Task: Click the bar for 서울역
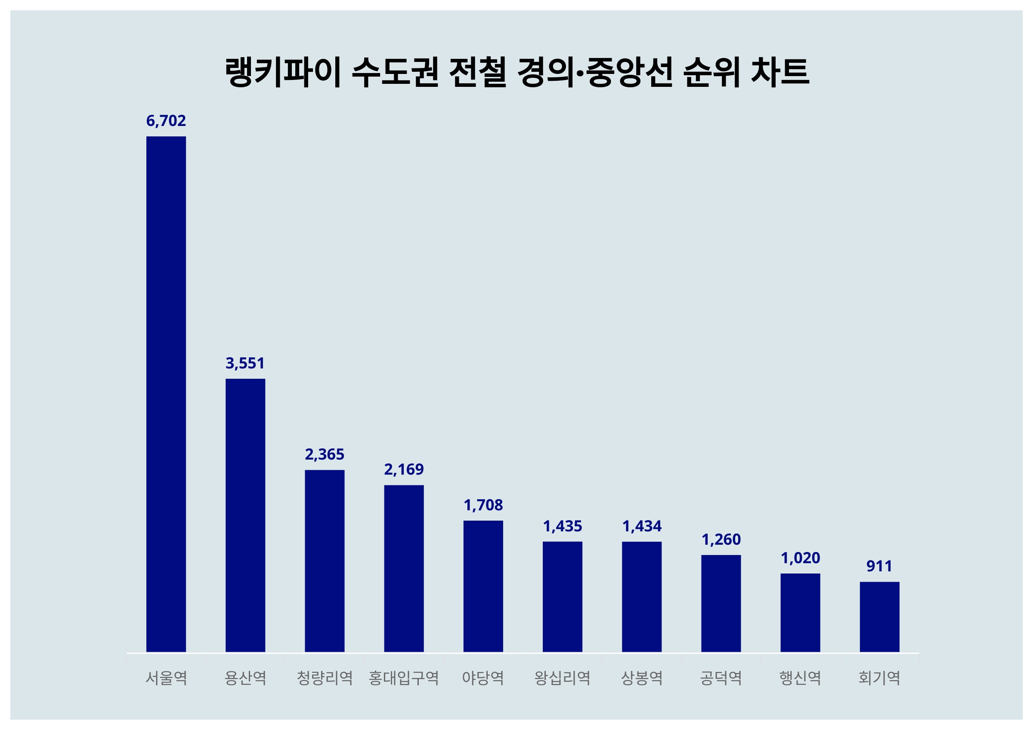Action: pyautogui.click(x=166, y=394)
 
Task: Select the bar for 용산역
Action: pyautogui.click(x=245, y=515)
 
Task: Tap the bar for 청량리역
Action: pyautogui.click(x=325, y=561)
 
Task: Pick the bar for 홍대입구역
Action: pyautogui.click(x=404, y=568)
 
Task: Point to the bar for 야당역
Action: pyautogui.click(x=483, y=586)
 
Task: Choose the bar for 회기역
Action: pyautogui.click(x=879, y=617)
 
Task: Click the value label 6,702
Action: pyautogui.click(x=166, y=120)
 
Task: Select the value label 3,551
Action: pyautogui.click(x=245, y=363)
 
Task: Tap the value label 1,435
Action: pyautogui.click(x=563, y=526)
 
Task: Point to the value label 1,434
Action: pyautogui.click(x=642, y=526)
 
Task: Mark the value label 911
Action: pyautogui.click(x=879, y=566)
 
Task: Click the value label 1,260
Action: pyautogui.click(x=721, y=539)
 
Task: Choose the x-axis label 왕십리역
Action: pyautogui.click(x=563, y=678)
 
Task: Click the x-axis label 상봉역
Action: pyautogui.click(x=642, y=678)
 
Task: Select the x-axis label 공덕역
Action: pyautogui.click(x=721, y=678)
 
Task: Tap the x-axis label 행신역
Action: pyautogui.click(x=800, y=678)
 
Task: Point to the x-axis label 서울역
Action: pyautogui.click(x=166, y=678)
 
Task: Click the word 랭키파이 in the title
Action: pyautogui.click(x=282, y=72)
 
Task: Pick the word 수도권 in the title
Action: pyautogui.click(x=395, y=72)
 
